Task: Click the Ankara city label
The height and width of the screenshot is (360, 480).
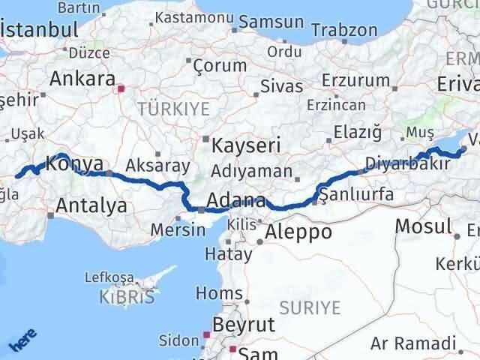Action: [82, 79]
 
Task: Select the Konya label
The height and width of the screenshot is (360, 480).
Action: [70, 161]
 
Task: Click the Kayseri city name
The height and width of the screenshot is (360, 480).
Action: [246, 144]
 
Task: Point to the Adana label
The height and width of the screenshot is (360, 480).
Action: [237, 201]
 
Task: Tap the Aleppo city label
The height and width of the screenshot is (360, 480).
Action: [298, 232]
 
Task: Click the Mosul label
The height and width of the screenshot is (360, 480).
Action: [424, 226]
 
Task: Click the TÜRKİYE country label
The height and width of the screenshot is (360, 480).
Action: [173, 109]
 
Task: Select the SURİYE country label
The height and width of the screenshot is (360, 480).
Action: [310, 307]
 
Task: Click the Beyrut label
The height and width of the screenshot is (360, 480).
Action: [244, 325]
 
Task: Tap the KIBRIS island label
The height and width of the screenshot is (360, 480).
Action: [127, 297]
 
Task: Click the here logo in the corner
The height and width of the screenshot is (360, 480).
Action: [22, 341]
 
